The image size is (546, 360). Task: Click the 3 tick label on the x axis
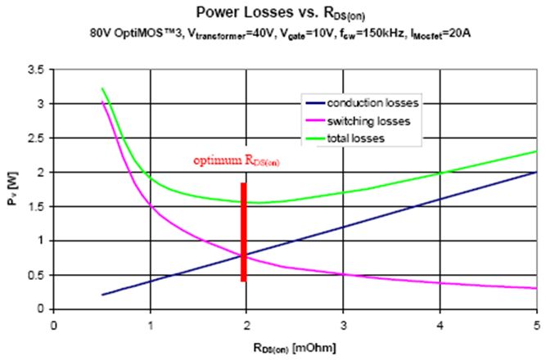(x=343, y=322)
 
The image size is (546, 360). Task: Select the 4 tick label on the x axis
(x=440, y=322)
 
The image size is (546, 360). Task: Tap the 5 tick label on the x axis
(x=536, y=322)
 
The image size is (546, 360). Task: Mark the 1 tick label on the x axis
(x=150, y=322)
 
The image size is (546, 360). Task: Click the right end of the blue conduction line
(x=535, y=173)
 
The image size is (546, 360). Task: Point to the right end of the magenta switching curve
(x=535, y=288)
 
